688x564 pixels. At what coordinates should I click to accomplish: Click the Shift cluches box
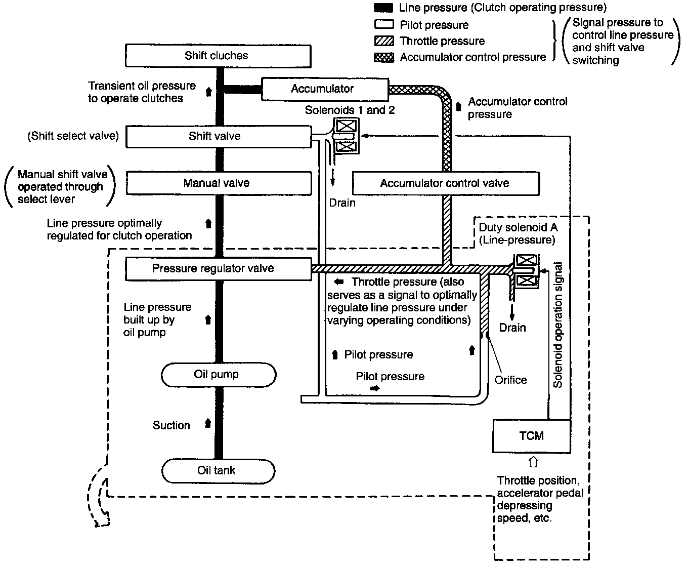(218, 56)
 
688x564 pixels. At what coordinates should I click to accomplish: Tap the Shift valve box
(219, 137)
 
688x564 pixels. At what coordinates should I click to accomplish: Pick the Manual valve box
(219, 183)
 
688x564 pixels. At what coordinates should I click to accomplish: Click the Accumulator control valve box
(446, 183)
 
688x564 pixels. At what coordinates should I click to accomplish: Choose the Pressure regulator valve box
(219, 269)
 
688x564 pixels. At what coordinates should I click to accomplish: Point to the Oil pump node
(219, 375)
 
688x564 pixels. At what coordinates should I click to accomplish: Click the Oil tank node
(218, 471)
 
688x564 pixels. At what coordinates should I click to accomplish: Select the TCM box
(532, 436)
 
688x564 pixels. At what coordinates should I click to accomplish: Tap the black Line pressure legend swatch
(384, 8)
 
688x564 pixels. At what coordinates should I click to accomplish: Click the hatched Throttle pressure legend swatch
(384, 41)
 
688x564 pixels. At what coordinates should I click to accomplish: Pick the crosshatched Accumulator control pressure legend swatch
(384, 58)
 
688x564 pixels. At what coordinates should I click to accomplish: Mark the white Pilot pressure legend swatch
(384, 24)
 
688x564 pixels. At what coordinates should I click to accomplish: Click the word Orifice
(510, 380)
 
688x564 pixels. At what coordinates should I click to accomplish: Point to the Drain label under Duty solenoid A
(512, 328)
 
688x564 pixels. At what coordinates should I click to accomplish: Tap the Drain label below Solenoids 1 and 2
(342, 203)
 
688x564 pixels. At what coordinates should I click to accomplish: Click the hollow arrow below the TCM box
(532, 462)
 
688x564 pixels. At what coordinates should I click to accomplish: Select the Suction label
(171, 426)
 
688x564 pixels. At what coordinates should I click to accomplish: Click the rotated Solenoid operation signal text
(558, 325)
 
